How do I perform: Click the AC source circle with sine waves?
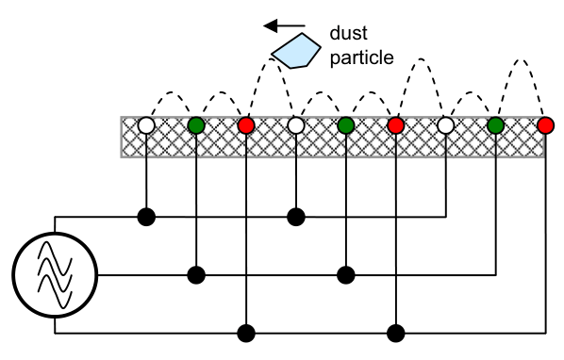[x=55, y=274]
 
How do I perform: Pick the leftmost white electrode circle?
[x=146, y=125]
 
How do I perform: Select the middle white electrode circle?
[x=296, y=125]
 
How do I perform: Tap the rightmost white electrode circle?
[x=446, y=125]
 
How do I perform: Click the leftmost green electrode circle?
[x=196, y=125]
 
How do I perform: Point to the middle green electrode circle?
[x=346, y=125]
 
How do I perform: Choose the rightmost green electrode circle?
[x=496, y=125]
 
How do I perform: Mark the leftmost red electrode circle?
[x=246, y=125]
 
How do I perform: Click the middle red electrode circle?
[x=396, y=125]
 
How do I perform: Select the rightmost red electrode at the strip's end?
[x=545, y=125]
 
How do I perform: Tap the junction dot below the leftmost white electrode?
[x=146, y=217]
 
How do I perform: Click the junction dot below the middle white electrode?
[x=296, y=217]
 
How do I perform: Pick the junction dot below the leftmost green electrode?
[x=196, y=275]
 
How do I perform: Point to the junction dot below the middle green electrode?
[x=346, y=275]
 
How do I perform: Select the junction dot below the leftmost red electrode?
[x=246, y=333]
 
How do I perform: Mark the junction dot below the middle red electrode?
[x=396, y=333]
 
